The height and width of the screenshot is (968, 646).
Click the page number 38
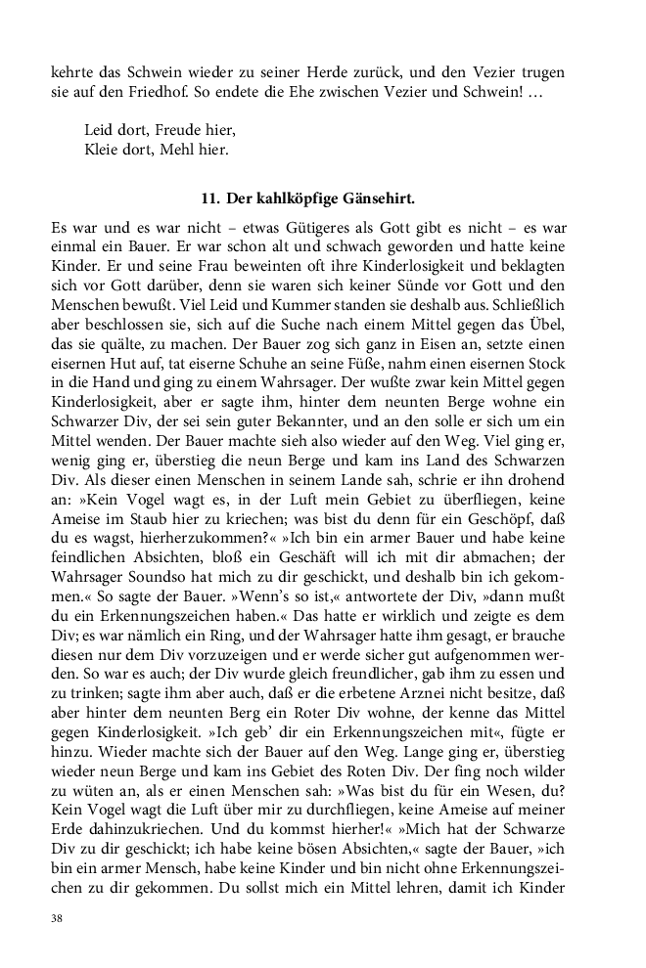pos(56,919)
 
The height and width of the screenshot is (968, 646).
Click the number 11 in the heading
pos(208,198)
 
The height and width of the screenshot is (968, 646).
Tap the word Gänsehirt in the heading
pos(377,198)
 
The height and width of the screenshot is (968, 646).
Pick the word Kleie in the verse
pos(104,150)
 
